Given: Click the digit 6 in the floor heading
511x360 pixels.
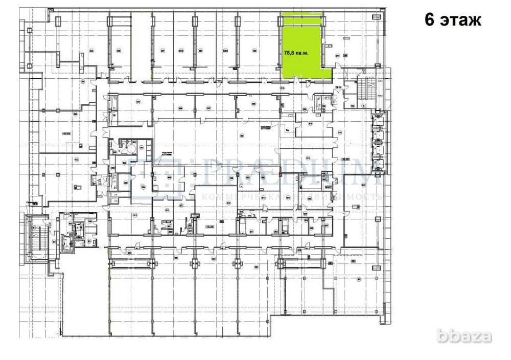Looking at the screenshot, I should (x=431, y=21).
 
